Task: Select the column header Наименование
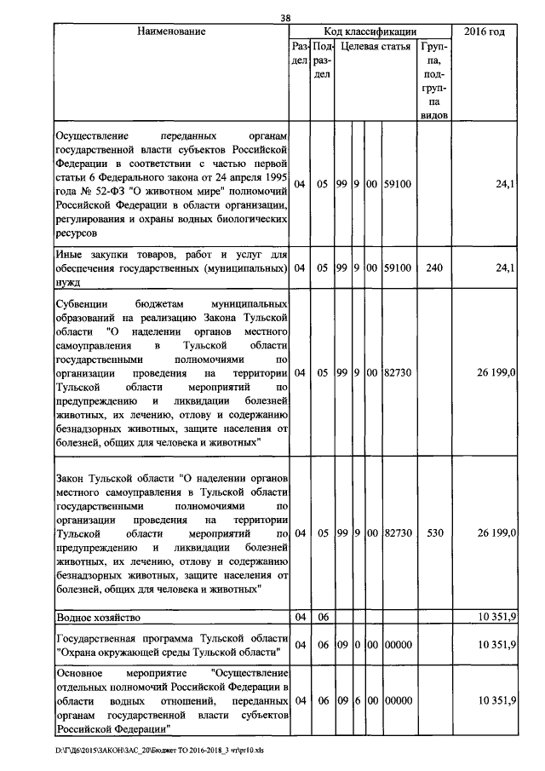[x=171, y=32]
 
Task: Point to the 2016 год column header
[x=485, y=32]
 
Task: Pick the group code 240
[x=434, y=268]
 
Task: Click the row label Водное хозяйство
[x=98, y=616]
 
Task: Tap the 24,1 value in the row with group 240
[x=506, y=268]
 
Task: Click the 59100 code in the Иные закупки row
[x=398, y=268]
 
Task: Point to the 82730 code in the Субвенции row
[x=398, y=372]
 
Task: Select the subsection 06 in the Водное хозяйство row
[x=323, y=616]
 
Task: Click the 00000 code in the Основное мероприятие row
[x=398, y=699]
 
